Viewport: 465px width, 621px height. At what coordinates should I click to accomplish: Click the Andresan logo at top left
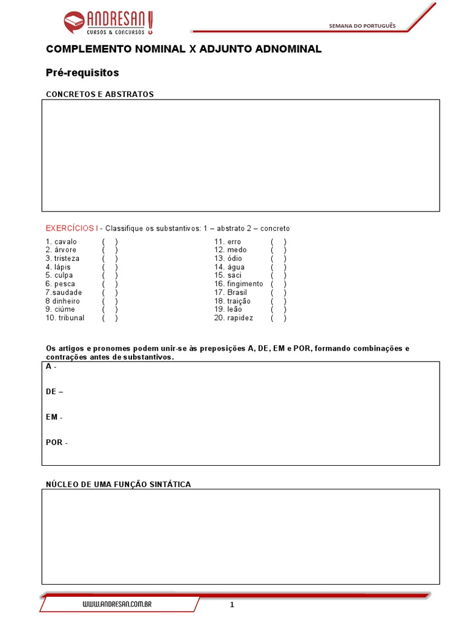[x=109, y=23]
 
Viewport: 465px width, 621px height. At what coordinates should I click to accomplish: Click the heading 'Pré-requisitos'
[x=82, y=73]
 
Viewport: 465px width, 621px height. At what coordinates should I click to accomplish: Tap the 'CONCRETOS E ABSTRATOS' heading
[x=100, y=94]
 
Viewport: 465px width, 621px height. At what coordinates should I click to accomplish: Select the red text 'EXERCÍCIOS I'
[x=71, y=229]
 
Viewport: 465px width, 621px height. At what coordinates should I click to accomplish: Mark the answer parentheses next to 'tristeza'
[x=110, y=259]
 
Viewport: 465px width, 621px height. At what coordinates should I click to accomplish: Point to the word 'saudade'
[x=66, y=292]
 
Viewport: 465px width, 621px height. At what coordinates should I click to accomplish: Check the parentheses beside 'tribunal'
[x=110, y=318]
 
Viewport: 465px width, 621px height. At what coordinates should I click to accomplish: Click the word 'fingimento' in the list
[x=246, y=284]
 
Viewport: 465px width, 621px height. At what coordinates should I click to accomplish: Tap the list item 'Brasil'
[x=237, y=292]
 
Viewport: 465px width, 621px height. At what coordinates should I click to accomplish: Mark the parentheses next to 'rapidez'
[x=279, y=318]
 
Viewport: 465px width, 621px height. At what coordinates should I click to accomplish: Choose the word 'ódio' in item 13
[x=235, y=259]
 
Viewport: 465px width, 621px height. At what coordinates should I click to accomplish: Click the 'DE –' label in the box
[x=54, y=392]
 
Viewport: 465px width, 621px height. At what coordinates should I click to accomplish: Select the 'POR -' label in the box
[x=56, y=443]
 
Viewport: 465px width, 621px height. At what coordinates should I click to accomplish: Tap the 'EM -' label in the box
[x=54, y=417]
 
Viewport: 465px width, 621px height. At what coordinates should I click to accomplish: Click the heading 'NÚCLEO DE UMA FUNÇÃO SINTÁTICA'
[x=119, y=484]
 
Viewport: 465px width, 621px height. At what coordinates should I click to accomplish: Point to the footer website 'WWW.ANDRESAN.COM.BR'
[x=117, y=605]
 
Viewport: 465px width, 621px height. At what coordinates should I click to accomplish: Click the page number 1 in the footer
[x=232, y=605]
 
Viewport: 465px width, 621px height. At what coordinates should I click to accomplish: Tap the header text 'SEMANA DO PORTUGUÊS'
[x=361, y=25]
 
